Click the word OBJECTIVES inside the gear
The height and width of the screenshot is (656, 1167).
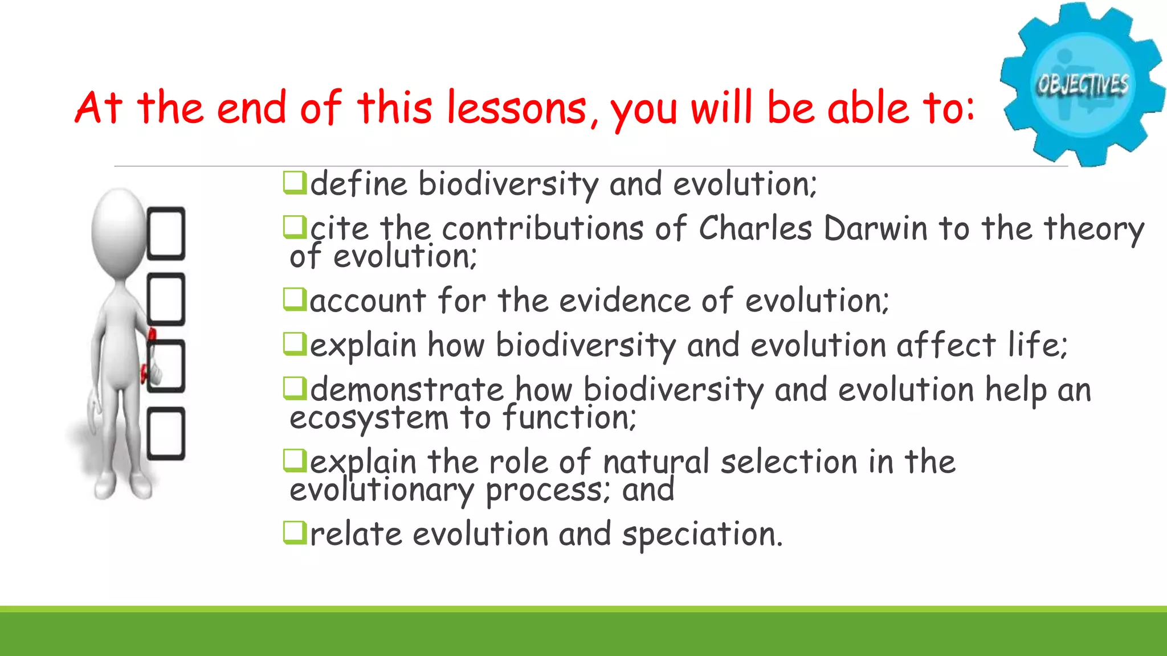1082,84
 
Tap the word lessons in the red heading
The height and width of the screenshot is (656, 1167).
516,108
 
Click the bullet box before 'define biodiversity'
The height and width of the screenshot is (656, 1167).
295,183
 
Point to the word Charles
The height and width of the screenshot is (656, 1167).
754,229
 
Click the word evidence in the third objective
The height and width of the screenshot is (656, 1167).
625,301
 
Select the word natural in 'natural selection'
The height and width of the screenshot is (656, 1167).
656,462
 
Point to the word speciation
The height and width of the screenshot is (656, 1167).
702,535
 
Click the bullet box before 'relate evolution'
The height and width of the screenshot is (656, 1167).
295,534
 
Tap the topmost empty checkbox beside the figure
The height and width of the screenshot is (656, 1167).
166,233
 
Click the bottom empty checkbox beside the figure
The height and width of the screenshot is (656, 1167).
166,433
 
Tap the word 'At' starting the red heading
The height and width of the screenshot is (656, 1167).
98,108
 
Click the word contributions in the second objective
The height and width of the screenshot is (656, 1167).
543,229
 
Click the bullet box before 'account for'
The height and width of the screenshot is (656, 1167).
295,300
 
